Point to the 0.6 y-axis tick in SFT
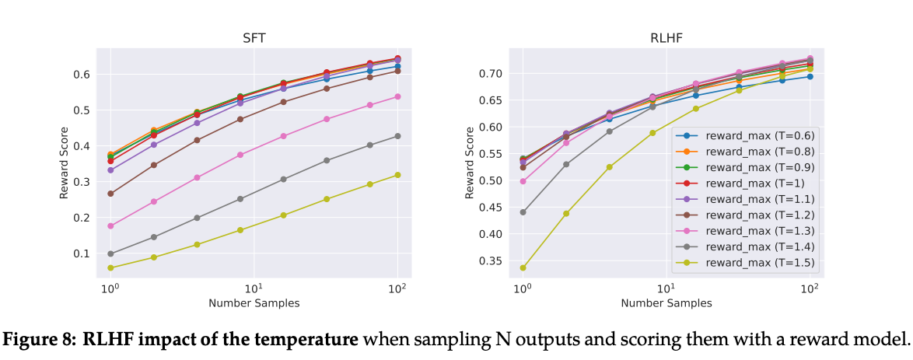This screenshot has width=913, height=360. pos(82,75)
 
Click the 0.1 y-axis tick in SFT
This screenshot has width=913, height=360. pos(82,254)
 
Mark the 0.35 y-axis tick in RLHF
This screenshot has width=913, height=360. pos(491,260)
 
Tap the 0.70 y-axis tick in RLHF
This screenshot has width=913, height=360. pos(491,74)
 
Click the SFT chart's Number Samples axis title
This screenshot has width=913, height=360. pos(254,303)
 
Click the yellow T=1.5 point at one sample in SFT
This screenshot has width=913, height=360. pos(111,267)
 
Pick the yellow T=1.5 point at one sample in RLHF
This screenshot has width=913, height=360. pos(523,267)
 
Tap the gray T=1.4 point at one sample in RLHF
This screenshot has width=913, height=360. pos(523,211)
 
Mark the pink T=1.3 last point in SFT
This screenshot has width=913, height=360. pos(397,96)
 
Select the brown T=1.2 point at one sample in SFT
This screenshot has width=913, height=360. pos(111,194)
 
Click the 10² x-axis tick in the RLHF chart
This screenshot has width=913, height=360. pos(810,288)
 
